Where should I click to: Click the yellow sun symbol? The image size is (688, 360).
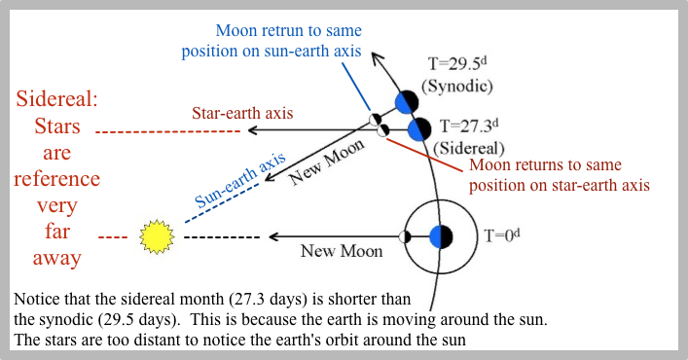pyautogui.click(x=155, y=235)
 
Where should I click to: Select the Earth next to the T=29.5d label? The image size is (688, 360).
pyautogui.click(x=407, y=101)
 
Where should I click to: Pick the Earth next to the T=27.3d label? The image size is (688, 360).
pyautogui.click(x=419, y=128)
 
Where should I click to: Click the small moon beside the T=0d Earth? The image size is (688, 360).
pyautogui.click(x=404, y=236)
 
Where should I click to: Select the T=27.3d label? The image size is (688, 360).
pyautogui.click(x=470, y=126)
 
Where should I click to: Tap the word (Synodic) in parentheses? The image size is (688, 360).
pyautogui.click(x=462, y=87)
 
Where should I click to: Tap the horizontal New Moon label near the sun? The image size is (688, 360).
pyautogui.click(x=343, y=251)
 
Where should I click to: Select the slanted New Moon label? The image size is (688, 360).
pyautogui.click(x=325, y=162)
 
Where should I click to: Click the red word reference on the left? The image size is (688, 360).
pyautogui.click(x=56, y=179)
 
